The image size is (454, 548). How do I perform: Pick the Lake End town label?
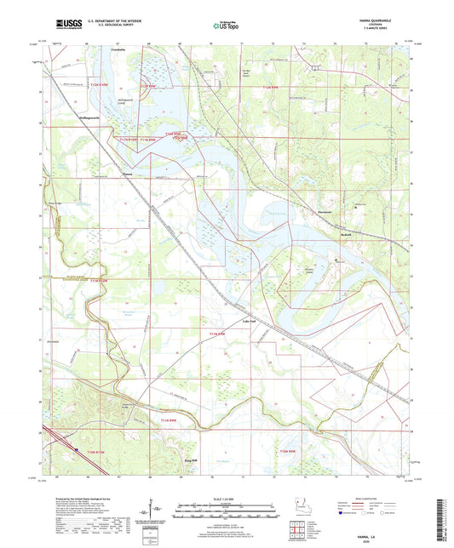coord(249,321)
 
